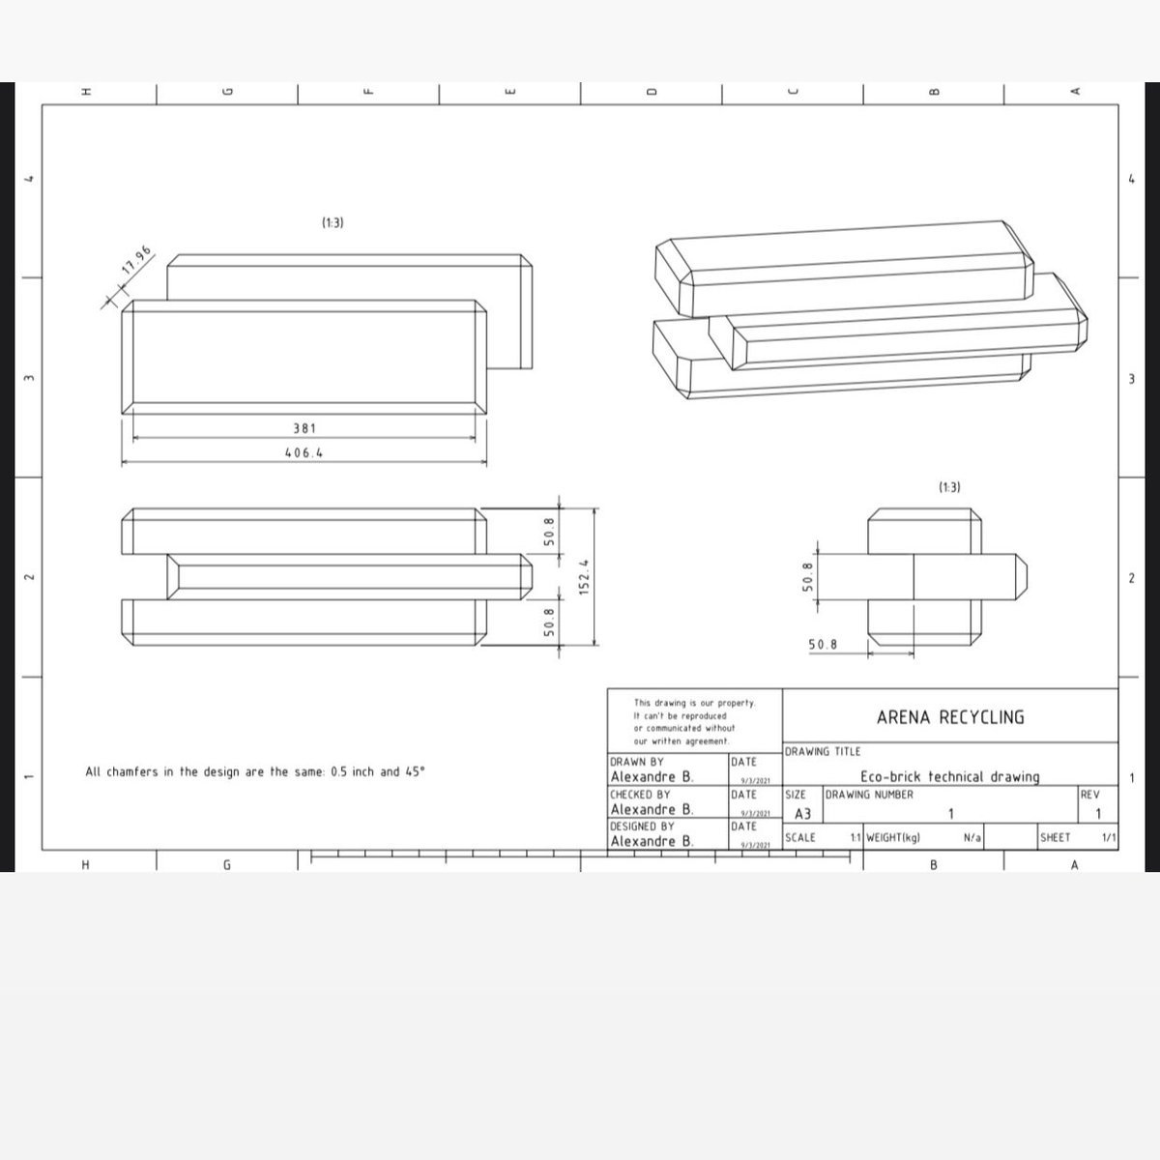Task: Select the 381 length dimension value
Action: click(x=304, y=427)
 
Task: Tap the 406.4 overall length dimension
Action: click(x=304, y=451)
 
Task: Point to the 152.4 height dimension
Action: click(x=583, y=578)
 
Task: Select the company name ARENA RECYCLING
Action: click(x=949, y=717)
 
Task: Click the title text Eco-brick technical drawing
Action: click(x=949, y=776)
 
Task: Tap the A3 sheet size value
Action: click(x=802, y=815)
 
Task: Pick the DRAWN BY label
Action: click(x=637, y=762)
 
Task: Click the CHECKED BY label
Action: click(x=640, y=795)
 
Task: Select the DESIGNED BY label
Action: click(x=642, y=826)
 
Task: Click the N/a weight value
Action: click(x=972, y=838)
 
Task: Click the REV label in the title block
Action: click(x=1089, y=795)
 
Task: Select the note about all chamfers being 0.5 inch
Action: click(x=255, y=772)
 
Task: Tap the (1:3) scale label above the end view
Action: click(x=949, y=487)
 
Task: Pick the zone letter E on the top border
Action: click(x=509, y=92)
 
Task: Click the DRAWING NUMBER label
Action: click(x=869, y=795)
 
